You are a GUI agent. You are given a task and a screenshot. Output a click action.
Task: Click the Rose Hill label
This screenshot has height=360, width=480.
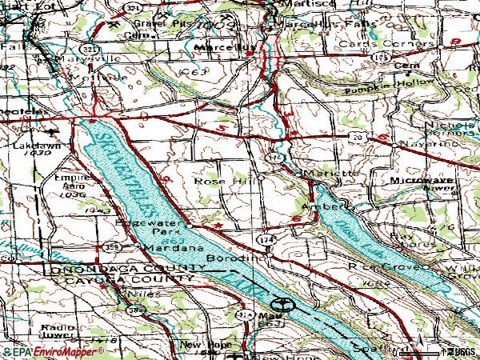click(x=217, y=182)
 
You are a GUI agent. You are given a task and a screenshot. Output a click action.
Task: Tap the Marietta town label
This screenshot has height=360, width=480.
click(x=328, y=173)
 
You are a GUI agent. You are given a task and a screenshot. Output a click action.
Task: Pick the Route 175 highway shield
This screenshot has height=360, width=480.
click(x=383, y=58)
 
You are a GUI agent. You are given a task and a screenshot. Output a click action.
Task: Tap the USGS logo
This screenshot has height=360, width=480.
click(x=460, y=351)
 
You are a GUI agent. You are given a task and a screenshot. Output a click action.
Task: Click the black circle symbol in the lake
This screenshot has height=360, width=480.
click(x=281, y=304)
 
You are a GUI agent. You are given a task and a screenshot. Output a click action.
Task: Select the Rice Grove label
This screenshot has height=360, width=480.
click(x=373, y=264)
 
